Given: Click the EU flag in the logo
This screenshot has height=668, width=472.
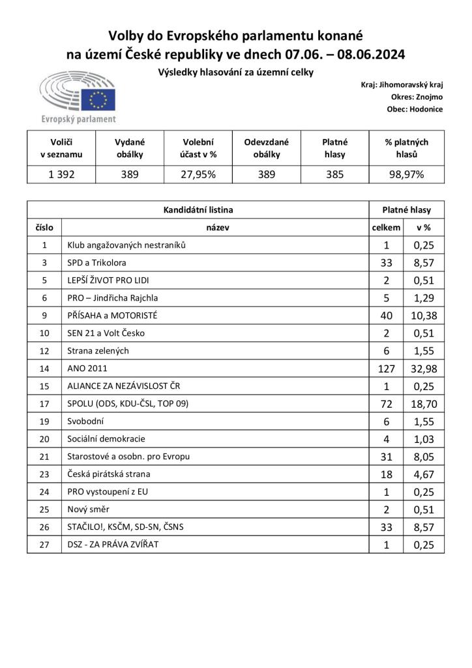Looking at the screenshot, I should [x=102, y=100].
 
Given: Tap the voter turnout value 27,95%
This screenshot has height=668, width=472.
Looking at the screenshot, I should [x=198, y=174].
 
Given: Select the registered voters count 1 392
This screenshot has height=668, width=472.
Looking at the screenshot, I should [x=61, y=174].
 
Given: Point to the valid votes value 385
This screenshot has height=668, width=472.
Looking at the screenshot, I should [x=335, y=174].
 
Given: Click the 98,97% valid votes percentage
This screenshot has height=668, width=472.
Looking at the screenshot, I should [x=407, y=174].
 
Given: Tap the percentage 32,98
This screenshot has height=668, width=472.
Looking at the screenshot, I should [x=424, y=369].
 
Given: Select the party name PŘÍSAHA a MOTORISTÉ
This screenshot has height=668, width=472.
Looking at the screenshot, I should [x=113, y=315].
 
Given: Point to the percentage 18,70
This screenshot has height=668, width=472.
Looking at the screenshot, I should [x=424, y=404].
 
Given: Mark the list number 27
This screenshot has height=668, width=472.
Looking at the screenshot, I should [x=44, y=544].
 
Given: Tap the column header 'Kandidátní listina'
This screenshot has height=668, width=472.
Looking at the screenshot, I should [x=198, y=210].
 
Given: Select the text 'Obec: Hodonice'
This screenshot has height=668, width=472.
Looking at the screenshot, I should [x=415, y=109].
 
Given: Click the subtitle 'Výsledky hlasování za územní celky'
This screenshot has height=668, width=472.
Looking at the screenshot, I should [x=235, y=72].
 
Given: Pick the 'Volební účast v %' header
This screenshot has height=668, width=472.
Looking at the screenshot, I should [x=198, y=148].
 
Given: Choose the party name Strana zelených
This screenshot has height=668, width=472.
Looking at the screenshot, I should [x=98, y=350].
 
